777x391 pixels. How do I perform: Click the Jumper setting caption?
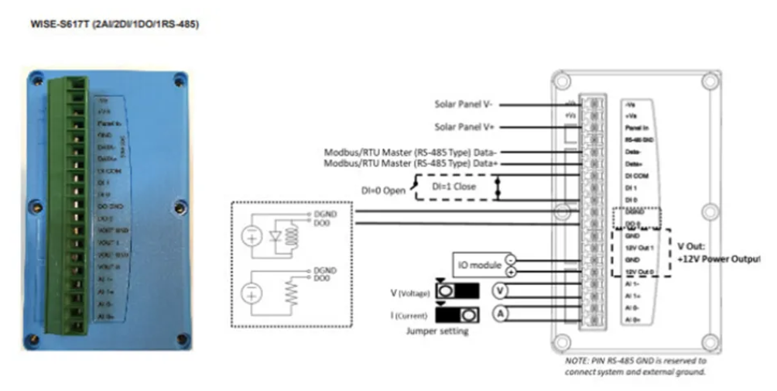click(x=436, y=331)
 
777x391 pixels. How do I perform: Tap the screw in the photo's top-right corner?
click(x=180, y=79)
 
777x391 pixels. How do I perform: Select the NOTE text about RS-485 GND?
click(x=635, y=365)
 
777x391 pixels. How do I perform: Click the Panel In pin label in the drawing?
click(x=637, y=126)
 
